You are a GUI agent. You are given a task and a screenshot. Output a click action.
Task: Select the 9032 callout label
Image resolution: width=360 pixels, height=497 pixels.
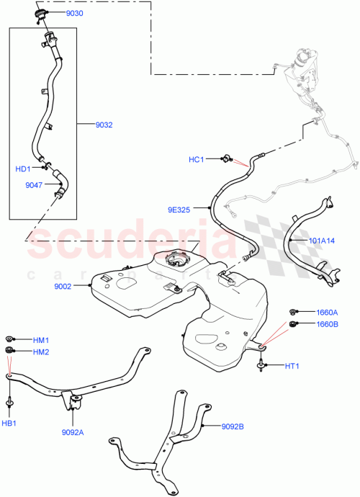tap(104, 125)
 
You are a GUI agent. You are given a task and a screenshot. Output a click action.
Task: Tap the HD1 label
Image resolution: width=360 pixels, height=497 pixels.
tap(23, 169)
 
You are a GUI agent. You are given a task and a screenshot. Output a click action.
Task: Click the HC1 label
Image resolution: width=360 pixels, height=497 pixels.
tap(197, 159)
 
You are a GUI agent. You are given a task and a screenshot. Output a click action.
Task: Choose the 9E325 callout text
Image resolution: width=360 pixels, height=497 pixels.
tap(180, 210)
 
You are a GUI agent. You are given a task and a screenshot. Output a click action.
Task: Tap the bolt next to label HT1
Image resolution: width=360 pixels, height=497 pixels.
tap(259, 367)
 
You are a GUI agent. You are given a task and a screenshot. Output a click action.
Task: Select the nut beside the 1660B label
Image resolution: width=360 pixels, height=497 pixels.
tap(294, 324)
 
